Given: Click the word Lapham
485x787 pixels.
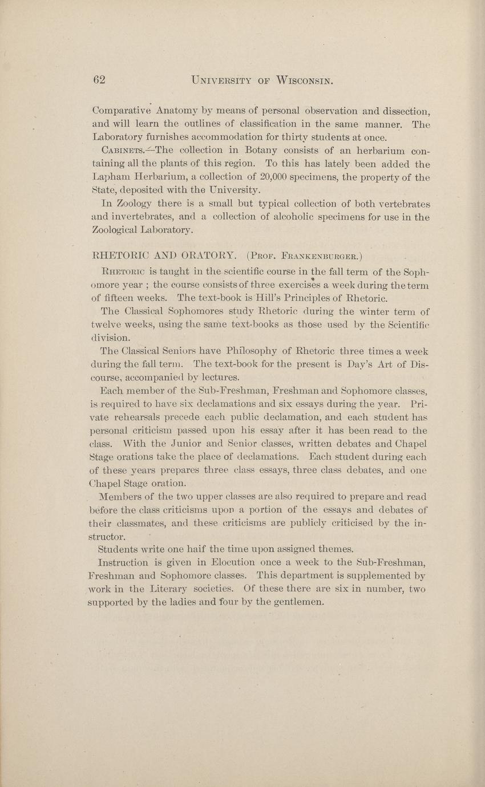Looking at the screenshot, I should click(109, 177).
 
